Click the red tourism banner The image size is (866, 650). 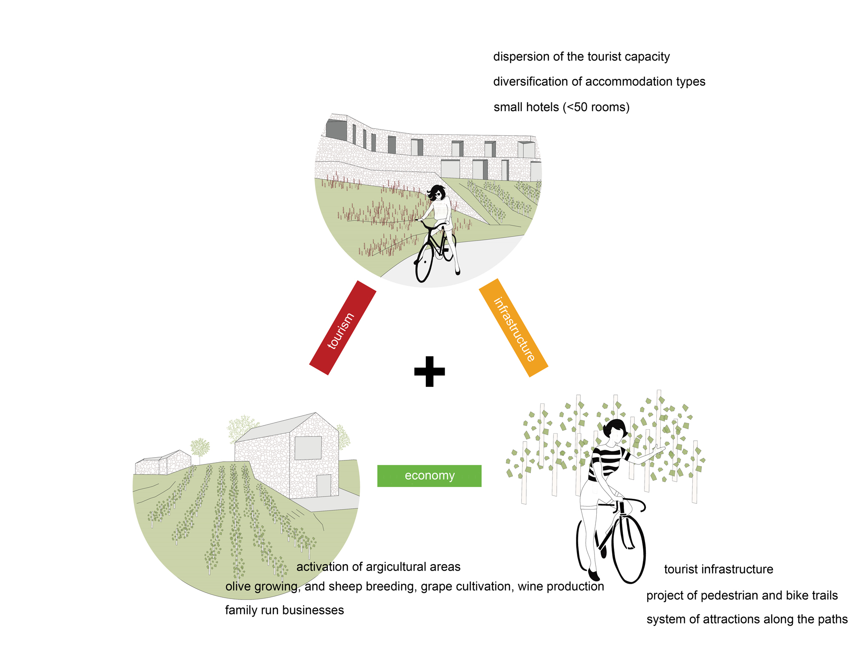342,328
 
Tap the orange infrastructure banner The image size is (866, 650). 513,328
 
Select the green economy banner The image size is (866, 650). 429,476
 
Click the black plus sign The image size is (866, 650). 429,371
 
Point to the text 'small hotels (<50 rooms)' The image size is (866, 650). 561,107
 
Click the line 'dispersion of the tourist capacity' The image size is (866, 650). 581,57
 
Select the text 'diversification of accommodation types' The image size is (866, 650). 599,82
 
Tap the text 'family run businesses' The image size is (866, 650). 284,610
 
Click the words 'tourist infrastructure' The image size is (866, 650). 719,570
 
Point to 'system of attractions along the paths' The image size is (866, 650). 747,619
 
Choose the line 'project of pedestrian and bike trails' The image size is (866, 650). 742,596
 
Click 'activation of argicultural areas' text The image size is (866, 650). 378,567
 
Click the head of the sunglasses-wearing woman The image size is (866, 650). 437,193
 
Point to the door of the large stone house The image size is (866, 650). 323,485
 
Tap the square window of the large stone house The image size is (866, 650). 308,448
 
